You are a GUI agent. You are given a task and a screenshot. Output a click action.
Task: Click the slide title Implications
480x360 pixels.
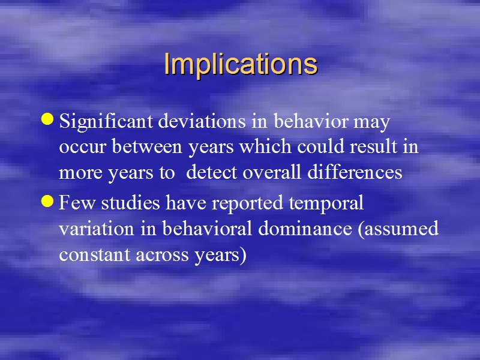[241, 64]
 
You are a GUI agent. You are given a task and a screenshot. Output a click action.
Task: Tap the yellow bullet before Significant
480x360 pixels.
[47, 119]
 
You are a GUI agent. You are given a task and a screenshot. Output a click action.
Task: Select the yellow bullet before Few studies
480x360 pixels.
[47, 201]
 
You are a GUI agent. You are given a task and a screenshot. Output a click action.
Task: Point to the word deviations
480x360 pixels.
[202, 121]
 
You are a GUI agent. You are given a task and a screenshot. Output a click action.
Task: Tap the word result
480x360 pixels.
[373, 146]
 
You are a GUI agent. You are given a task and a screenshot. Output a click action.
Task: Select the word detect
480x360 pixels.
[212, 172]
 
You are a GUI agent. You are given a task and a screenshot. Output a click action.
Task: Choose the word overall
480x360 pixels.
[272, 172]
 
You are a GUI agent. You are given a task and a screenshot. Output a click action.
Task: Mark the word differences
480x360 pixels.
[355, 172]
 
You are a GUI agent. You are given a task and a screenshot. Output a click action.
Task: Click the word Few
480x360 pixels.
[77, 202]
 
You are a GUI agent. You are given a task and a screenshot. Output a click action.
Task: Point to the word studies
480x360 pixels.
[130, 202]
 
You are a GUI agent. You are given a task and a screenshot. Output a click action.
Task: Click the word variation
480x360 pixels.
[97, 229]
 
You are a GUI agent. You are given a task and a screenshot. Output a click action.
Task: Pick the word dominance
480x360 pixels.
[305, 229]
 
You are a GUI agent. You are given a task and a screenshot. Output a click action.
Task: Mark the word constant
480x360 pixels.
[95, 254]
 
